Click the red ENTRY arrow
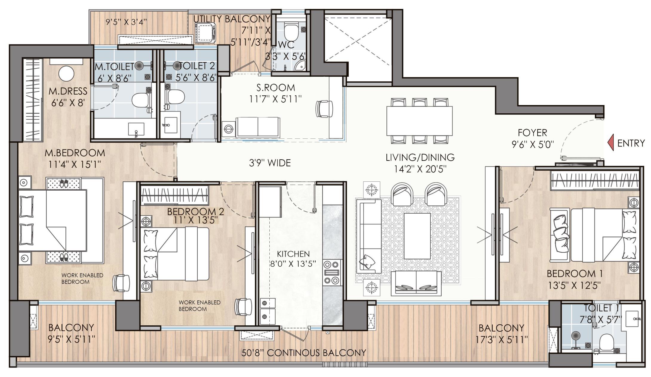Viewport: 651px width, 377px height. click(611, 143)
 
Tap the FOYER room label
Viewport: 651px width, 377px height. click(532, 132)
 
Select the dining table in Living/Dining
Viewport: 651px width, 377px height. click(419, 121)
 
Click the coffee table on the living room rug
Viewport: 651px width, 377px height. click(417, 236)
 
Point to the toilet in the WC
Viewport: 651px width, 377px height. click(291, 32)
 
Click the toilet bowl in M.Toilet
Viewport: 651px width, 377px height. click(140, 100)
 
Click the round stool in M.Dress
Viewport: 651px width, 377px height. click(66, 74)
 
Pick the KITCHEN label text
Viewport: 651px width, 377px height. click(293, 254)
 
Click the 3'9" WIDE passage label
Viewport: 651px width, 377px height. click(270, 163)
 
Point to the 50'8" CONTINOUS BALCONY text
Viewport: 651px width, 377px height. click(304, 353)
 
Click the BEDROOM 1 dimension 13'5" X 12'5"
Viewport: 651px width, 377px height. click(574, 285)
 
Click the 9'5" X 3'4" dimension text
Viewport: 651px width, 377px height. click(126, 22)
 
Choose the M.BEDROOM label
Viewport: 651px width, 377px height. click(75, 153)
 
